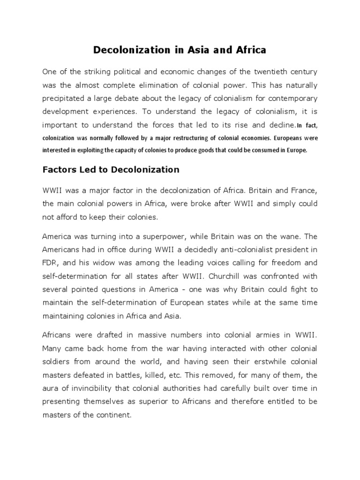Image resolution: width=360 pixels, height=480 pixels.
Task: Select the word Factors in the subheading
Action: tap(58, 170)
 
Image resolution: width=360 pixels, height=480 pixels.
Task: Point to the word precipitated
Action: tap(66, 98)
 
